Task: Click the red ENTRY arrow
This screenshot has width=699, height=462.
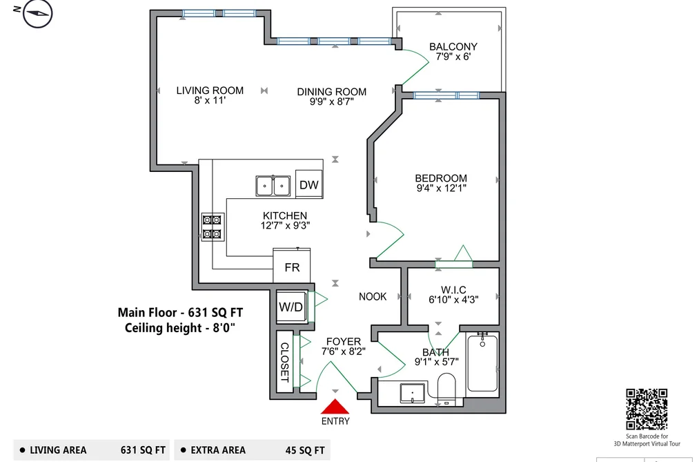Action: [335, 407]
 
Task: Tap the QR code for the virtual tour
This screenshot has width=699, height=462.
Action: [647, 409]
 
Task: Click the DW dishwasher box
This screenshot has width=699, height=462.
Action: [309, 184]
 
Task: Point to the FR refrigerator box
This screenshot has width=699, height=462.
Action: [292, 267]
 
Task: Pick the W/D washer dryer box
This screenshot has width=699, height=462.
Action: [291, 307]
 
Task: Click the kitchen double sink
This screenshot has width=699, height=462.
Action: [273, 186]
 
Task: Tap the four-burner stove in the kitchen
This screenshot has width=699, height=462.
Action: [213, 227]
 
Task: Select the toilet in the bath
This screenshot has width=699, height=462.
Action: [446, 389]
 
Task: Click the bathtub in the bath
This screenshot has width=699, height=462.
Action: [482, 362]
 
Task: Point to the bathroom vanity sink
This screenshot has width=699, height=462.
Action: [413, 392]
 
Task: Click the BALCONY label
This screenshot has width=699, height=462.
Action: [453, 46]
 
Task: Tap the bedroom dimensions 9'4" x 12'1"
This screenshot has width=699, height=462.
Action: [442, 189]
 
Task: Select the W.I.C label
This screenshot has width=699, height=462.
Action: [453, 290]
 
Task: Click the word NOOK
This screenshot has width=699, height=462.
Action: [373, 296]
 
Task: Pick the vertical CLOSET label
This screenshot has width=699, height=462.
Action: [284, 362]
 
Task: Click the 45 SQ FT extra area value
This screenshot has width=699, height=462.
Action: [305, 450]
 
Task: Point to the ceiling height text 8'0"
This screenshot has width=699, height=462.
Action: [224, 328]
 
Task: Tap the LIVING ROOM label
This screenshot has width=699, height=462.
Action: [210, 90]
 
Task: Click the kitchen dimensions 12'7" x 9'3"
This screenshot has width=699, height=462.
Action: [285, 226]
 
